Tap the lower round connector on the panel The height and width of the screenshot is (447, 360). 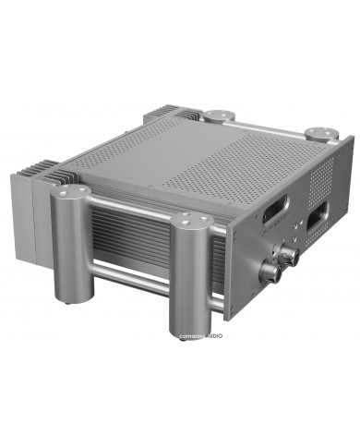[x=271, y=272]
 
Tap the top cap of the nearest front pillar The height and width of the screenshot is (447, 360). [x=192, y=223]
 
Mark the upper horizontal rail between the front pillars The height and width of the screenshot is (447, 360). [x=129, y=211]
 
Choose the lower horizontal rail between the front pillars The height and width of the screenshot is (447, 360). [x=129, y=273]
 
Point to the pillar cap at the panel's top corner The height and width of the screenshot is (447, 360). [x=321, y=133]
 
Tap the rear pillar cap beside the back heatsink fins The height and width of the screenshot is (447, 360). [x=218, y=116]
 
